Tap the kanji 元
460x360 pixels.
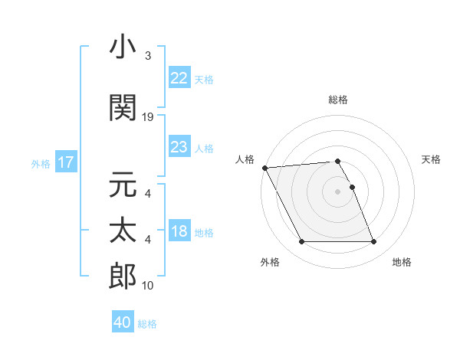click(x=123, y=185)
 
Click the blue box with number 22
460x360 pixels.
click(x=179, y=78)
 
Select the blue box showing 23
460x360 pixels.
click(x=179, y=147)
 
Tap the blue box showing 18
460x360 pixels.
click(x=179, y=232)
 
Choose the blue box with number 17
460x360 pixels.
click(x=65, y=162)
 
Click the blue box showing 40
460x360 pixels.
click(x=123, y=323)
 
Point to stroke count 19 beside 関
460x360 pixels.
click(x=149, y=117)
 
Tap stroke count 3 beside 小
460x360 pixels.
click(x=148, y=56)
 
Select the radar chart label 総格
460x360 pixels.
click(x=337, y=100)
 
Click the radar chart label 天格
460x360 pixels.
click(x=431, y=159)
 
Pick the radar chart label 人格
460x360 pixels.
click(x=245, y=159)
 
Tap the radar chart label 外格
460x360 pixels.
click(x=270, y=262)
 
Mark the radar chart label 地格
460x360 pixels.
click(x=402, y=262)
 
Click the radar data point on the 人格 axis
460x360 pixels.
click(x=264, y=168)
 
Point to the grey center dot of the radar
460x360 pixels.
click(x=337, y=191)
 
